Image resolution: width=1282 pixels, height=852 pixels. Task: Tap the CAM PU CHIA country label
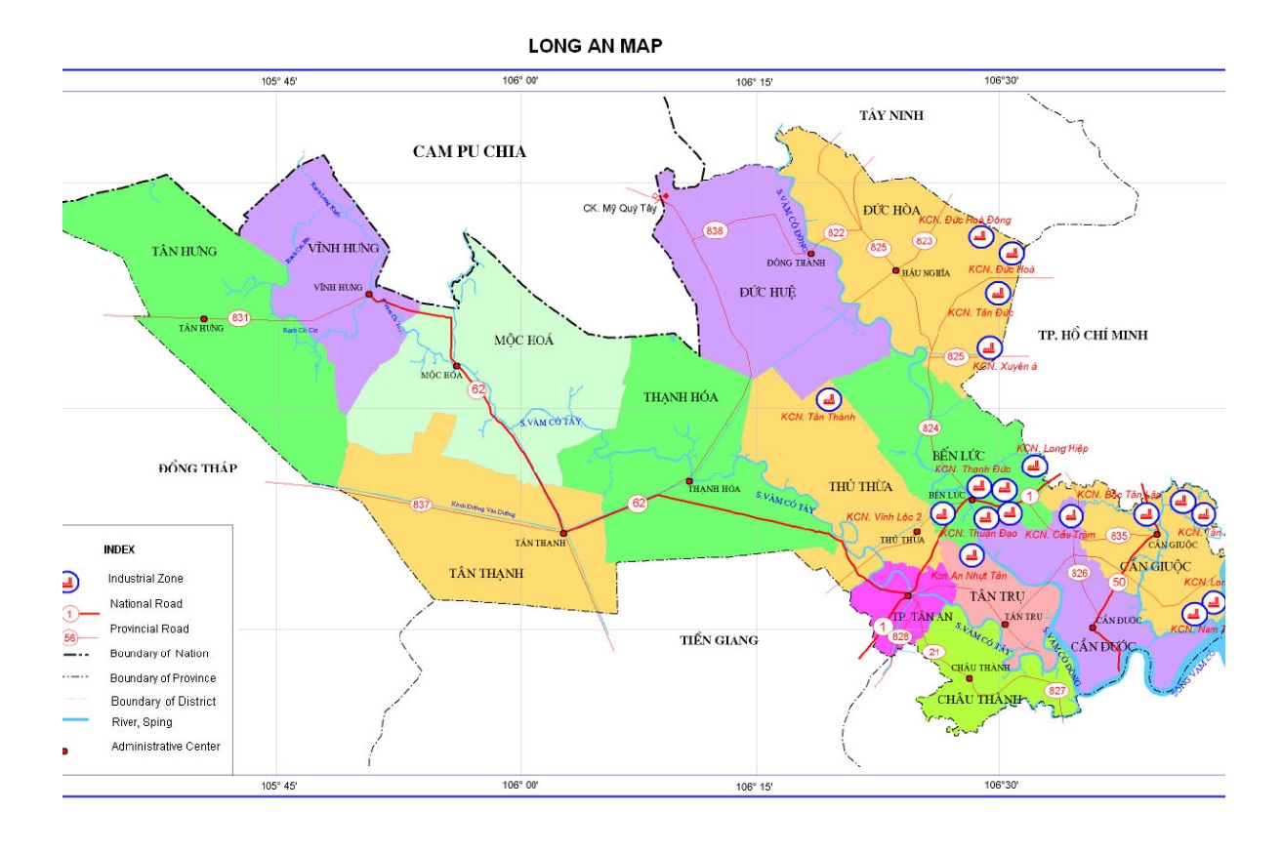point(469,151)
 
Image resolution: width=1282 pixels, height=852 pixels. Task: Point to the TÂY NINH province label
point(890,115)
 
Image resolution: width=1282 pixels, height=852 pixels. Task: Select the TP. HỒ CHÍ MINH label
point(1093,335)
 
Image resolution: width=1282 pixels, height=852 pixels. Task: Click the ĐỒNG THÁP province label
point(198,468)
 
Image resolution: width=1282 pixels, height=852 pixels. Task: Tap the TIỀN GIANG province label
point(719,640)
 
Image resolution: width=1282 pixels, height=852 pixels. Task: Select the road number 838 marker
point(715,231)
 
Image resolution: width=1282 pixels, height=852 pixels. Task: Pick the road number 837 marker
point(421,505)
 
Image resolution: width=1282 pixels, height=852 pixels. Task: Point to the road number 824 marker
point(930,428)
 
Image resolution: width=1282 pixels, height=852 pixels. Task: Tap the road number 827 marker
point(1056,690)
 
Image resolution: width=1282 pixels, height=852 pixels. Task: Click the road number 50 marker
point(1119,583)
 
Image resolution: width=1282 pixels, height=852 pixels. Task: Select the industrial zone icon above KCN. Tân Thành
point(829,399)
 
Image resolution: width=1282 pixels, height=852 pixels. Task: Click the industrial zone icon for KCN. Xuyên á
point(989,347)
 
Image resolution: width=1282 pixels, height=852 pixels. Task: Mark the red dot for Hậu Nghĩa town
point(896,270)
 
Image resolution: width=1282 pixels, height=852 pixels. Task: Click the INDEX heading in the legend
point(119,549)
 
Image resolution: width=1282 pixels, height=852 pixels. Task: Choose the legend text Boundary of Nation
point(159,653)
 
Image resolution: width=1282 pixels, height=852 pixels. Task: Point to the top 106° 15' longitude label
point(755,83)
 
